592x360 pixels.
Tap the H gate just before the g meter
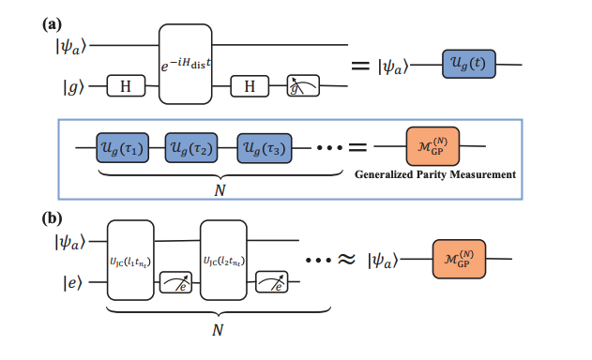(250, 87)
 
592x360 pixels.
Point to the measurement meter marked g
(304, 87)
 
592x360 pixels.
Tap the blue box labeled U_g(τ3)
(263, 147)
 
